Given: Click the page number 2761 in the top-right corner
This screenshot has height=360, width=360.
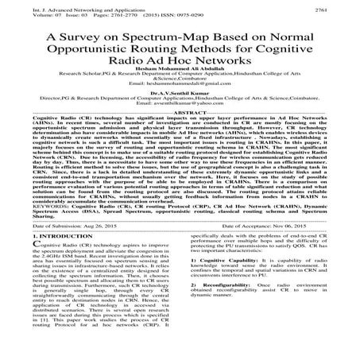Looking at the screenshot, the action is tap(343, 8).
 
